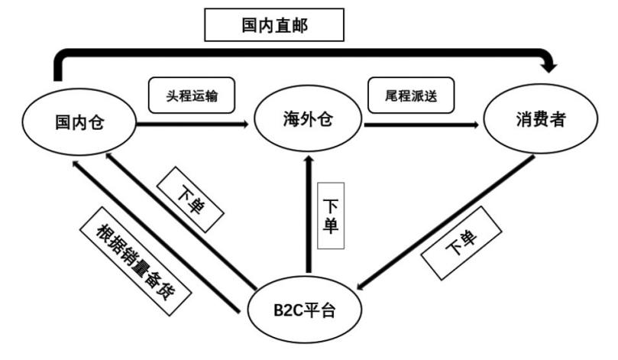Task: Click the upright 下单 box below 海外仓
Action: tap(330, 216)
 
